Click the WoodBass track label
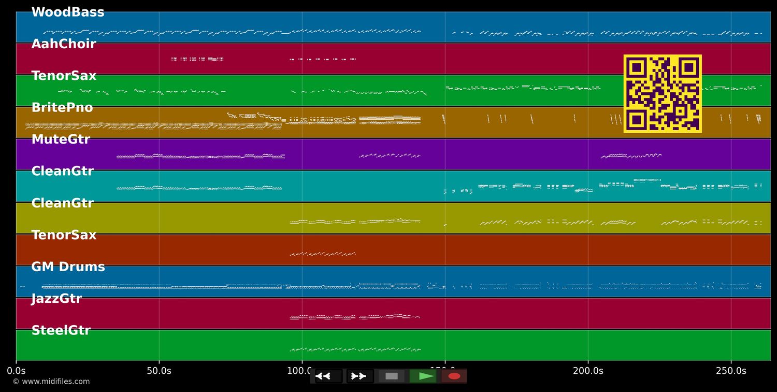tap(67, 12)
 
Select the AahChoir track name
tap(63, 44)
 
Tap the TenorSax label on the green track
tap(64, 76)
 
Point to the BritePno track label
tap(62, 108)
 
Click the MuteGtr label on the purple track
tap(60, 139)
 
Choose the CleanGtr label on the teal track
tap(62, 171)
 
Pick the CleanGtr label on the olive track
tap(62, 203)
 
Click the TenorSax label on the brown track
tap(64, 235)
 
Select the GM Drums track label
tap(68, 267)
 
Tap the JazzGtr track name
tap(56, 299)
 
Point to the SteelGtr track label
tap(61, 330)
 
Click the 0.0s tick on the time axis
tap(16, 371)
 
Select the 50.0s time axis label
tap(159, 371)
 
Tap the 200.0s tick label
tap(588, 371)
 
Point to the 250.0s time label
tap(731, 371)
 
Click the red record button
tap(454, 376)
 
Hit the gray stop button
tap(392, 376)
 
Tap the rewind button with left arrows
tap(328, 376)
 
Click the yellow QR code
tap(663, 93)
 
